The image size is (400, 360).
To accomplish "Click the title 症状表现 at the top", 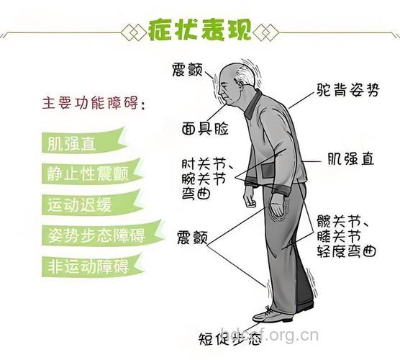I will point(199,31).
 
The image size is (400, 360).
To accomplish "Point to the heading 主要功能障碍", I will point(93,104).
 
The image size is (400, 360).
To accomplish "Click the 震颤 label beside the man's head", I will point(189,70).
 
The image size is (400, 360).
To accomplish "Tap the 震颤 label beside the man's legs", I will point(192,237).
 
